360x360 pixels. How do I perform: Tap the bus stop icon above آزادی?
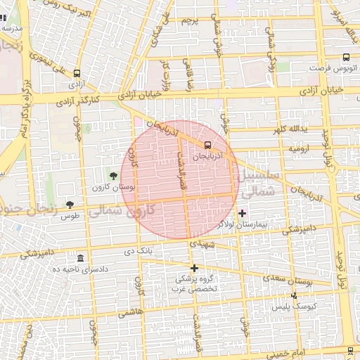click(x=76, y=72)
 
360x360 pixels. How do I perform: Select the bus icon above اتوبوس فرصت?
click(x=345, y=58)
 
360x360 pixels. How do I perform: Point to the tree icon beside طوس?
click(x=69, y=205)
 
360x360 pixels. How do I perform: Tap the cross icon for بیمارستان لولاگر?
click(x=243, y=212)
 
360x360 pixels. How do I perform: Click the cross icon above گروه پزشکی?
click(x=194, y=268)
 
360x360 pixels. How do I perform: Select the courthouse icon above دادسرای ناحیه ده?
click(x=80, y=258)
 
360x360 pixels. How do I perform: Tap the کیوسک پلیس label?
click(x=306, y=307)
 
